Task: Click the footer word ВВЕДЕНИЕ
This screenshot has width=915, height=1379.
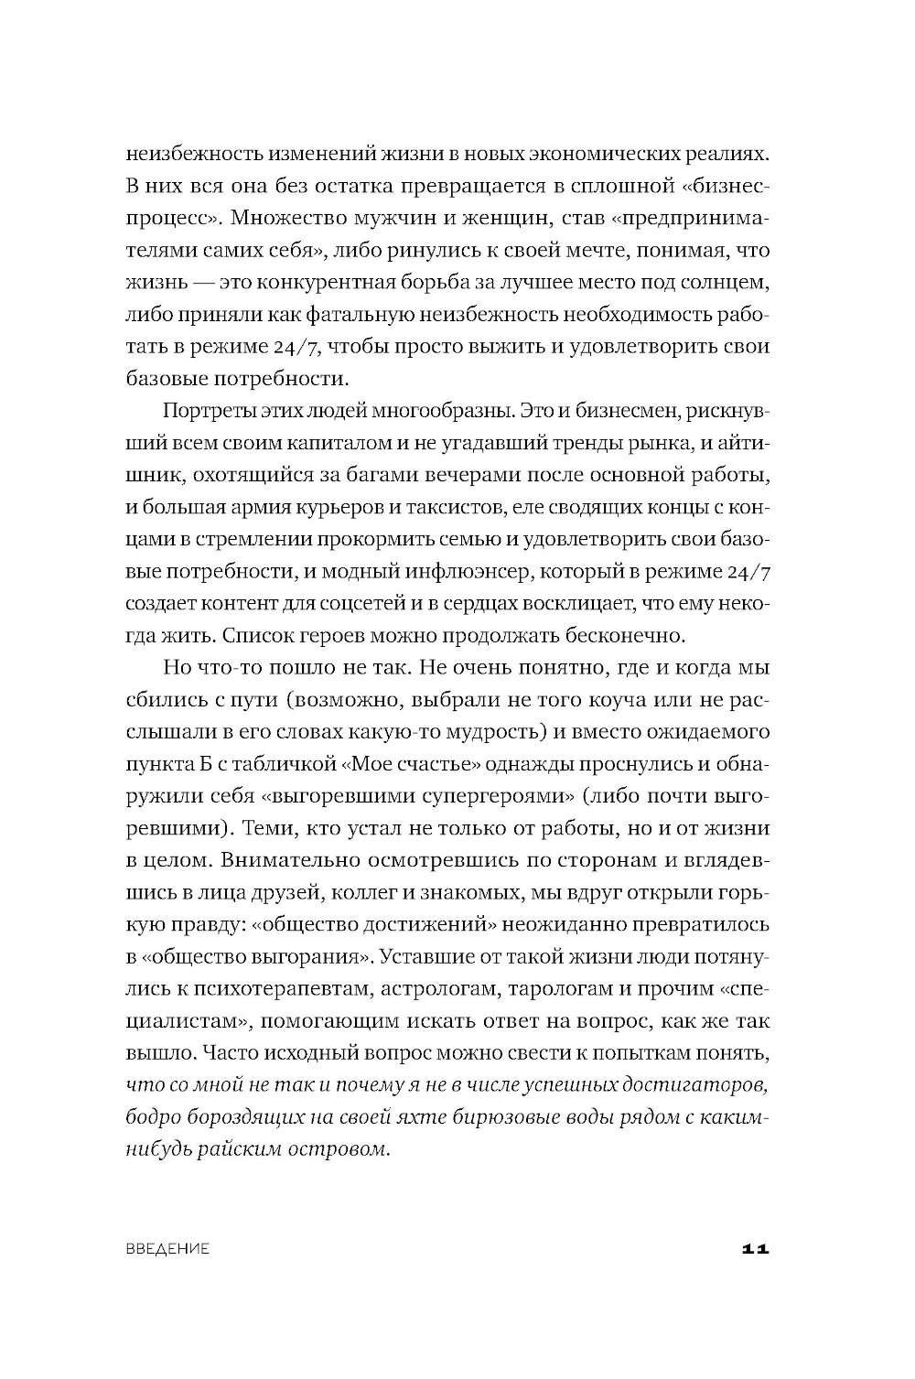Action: tap(167, 1248)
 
